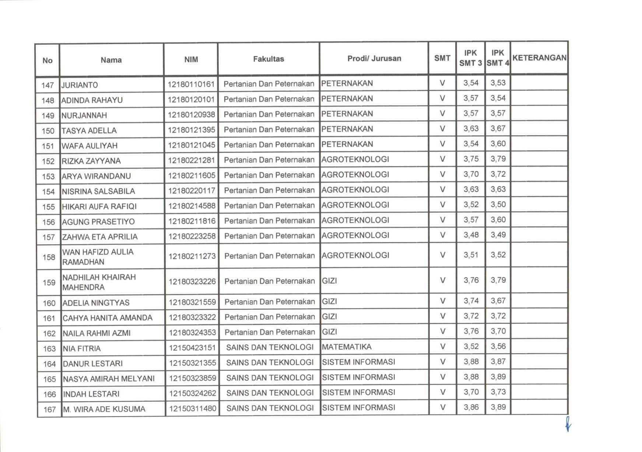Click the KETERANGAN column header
(539, 58)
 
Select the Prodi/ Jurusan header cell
(374, 59)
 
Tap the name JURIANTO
(80, 85)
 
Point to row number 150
(48, 131)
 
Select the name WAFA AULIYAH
(90, 146)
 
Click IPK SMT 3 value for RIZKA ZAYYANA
(471, 159)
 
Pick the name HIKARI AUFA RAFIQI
(99, 207)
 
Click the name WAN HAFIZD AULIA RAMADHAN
(98, 257)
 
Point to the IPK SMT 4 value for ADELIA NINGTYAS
(498, 301)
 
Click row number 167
(50, 409)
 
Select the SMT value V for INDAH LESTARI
(443, 392)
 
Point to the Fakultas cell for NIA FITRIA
(270, 347)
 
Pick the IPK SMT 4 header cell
(498, 58)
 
